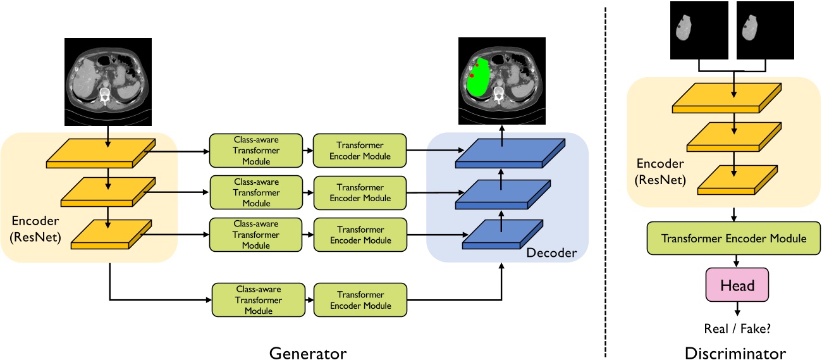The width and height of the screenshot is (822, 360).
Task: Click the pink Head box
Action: click(737, 286)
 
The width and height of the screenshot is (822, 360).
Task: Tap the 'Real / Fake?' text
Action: click(737, 328)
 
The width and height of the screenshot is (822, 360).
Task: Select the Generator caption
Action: click(308, 352)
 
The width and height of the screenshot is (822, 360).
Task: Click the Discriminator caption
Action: click(735, 352)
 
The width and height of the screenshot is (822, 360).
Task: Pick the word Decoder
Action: click(551, 253)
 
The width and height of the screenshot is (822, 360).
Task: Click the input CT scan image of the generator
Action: click(108, 81)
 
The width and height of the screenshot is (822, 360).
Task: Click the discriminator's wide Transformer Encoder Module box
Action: click(733, 239)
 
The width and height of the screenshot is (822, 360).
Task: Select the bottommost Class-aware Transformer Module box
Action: click(258, 300)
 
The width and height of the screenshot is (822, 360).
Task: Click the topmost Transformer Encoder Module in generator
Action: click(360, 151)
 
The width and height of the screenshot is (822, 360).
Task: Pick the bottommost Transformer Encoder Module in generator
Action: click(360, 300)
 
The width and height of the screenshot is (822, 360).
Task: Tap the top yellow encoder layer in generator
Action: click(101, 153)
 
